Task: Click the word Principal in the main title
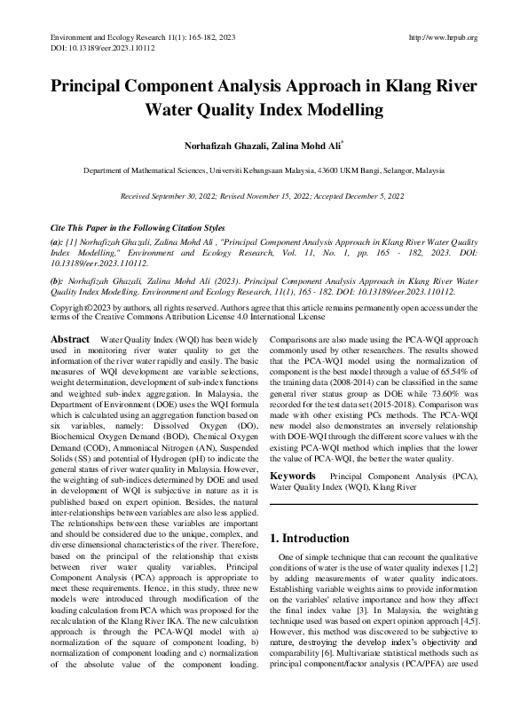(x=99, y=88)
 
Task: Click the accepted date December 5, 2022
(x=372, y=194)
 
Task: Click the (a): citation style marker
(x=57, y=240)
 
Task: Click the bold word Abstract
(x=70, y=340)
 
